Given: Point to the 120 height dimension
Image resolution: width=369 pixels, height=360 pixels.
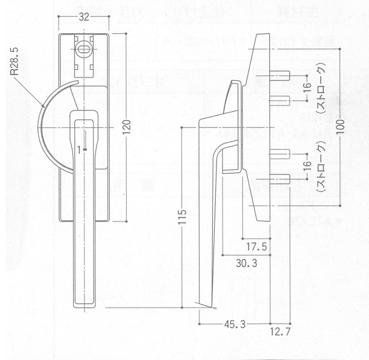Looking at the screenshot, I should coord(125,127).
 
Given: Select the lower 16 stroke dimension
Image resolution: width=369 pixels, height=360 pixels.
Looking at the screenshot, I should coord(306,167).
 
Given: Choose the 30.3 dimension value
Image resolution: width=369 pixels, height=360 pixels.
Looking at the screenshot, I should coord(246,263).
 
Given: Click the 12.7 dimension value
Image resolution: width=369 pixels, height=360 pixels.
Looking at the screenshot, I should coord(279,333).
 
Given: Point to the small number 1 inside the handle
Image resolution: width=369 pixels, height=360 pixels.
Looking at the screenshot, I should coord(80,148).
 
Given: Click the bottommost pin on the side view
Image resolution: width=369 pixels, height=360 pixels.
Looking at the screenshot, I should coord(282,180).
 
